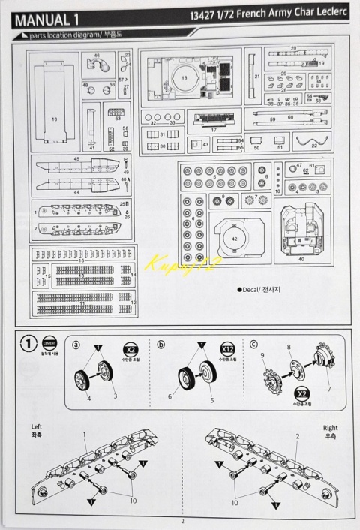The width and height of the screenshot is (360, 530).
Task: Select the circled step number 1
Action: coord(29,345)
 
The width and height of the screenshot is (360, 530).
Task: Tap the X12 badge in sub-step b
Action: coord(226,349)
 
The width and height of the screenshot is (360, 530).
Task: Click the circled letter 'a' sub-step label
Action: coord(76,344)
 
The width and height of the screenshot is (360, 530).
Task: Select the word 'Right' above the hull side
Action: coord(330,427)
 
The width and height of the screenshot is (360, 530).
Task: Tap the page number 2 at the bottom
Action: coord(181,522)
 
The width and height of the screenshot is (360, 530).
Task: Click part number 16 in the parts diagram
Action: coord(54,119)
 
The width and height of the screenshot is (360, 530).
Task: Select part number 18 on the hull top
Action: coord(183,77)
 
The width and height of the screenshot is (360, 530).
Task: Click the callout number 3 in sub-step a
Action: coord(115,395)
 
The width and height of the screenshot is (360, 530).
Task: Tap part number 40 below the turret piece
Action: coord(301,260)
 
